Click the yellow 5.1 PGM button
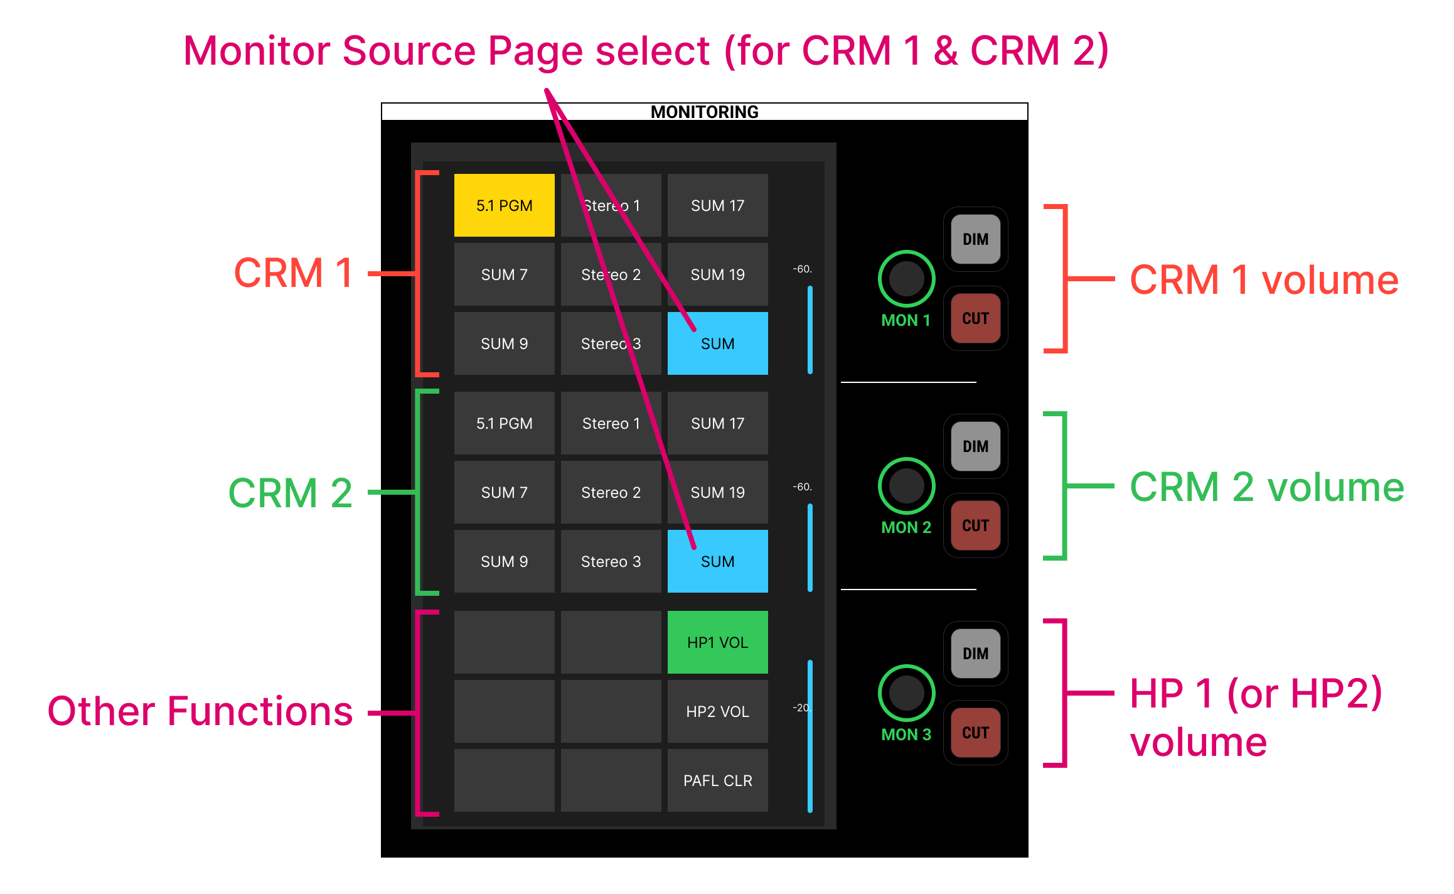pyautogui.click(x=504, y=205)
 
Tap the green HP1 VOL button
pyautogui.click(x=717, y=642)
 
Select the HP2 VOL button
pyautogui.click(x=717, y=711)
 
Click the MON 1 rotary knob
pyautogui.click(x=906, y=278)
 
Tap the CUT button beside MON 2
pyautogui.click(x=975, y=525)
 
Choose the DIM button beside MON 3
pyautogui.click(x=975, y=654)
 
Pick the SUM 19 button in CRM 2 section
pyautogui.click(x=717, y=492)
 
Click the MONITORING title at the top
pyautogui.click(x=704, y=112)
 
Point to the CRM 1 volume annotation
pyautogui.click(x=1263, y=279)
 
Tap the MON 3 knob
pyautogui.click(x=906, y=692)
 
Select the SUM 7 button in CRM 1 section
pyautogui.click(x=504, y=274)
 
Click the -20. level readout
pyautogui.click(x=801, y=708)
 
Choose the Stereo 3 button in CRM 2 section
pyautogui.click(x=611, y=561)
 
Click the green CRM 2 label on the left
pyautogui.click(x=290, y=493)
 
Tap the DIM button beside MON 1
pyautogui.click(x=975, y=239)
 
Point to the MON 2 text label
pyautogui.click(x=906, y=527)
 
